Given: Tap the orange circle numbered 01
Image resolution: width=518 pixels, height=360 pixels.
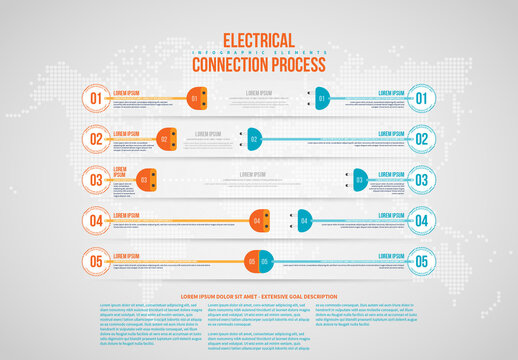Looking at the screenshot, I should tap(96, 98).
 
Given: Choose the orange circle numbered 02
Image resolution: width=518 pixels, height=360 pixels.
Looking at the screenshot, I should tap(96, 139).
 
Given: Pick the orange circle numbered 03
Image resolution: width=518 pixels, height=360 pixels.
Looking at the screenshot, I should tap(96, 180).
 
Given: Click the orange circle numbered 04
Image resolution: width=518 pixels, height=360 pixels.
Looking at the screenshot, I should tap(96, 221).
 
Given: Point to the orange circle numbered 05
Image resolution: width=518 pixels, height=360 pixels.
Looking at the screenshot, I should tap(96, 262).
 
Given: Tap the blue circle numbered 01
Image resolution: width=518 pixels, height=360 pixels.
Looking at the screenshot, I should tap(421, 98).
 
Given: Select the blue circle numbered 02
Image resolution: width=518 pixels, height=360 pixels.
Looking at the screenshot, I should tap(421, 139).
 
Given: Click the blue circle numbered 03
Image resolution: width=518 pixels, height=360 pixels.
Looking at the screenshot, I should tap(421, 180).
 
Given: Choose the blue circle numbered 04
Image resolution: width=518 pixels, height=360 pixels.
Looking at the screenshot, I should tap(421, 221).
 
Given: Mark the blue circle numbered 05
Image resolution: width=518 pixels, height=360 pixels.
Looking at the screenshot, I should tap(421, 262).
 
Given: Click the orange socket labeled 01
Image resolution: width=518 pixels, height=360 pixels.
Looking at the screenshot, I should tap(197, 98).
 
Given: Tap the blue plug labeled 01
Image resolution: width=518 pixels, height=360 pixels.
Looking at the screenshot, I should tap(320, 98).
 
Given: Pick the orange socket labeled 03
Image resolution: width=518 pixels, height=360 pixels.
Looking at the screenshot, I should tap(144, 181).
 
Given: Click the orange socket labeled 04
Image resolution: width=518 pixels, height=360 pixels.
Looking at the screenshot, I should tap(257, 221).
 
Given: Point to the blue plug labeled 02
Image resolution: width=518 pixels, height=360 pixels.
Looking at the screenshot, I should tap(254, 139).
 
